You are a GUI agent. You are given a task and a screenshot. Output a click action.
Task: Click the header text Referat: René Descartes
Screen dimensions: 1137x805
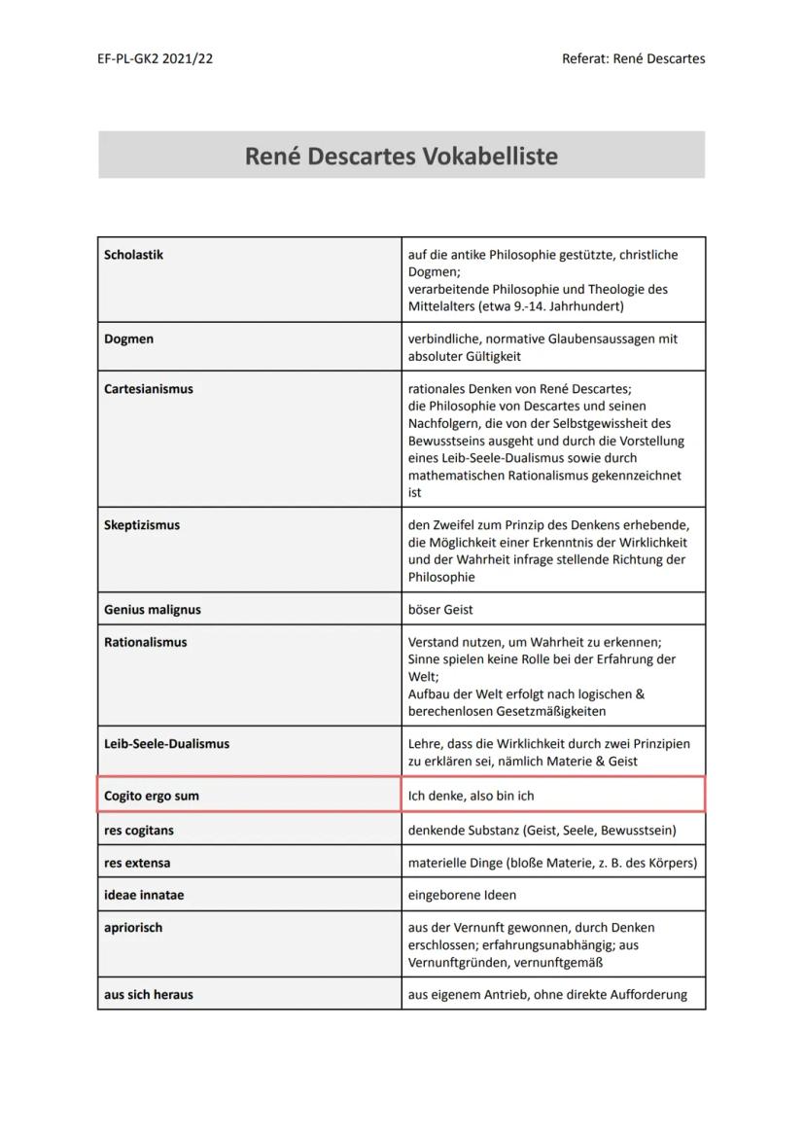point(633,58)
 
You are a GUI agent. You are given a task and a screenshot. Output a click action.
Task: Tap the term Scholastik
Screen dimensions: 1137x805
point(133,255)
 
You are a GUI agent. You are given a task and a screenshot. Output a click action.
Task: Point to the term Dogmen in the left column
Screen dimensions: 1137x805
point(128,339)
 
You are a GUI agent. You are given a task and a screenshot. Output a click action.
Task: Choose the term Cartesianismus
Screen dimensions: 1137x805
point(148,389)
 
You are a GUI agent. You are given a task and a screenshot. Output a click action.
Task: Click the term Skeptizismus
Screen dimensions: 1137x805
point(142,525)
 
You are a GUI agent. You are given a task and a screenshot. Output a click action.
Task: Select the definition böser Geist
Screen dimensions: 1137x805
point(440,610)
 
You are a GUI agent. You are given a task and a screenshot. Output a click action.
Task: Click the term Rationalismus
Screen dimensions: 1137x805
point(145,642)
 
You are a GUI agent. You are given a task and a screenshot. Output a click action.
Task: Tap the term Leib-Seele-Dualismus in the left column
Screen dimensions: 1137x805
point(166,744)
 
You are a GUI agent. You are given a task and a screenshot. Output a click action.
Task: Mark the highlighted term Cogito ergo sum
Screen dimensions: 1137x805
point(151,796)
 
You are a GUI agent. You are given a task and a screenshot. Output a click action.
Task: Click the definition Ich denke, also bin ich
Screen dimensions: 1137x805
point(471,796)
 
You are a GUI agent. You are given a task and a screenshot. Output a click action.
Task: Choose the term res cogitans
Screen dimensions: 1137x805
point(139,831)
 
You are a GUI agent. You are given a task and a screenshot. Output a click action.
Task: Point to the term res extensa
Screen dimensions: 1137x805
point(137,863)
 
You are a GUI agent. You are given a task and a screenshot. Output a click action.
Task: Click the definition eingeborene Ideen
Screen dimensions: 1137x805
point(462,895)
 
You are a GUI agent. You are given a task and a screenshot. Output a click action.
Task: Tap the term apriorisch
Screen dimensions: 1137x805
point(133,928)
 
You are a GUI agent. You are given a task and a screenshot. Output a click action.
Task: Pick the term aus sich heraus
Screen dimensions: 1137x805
point(148,995)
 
